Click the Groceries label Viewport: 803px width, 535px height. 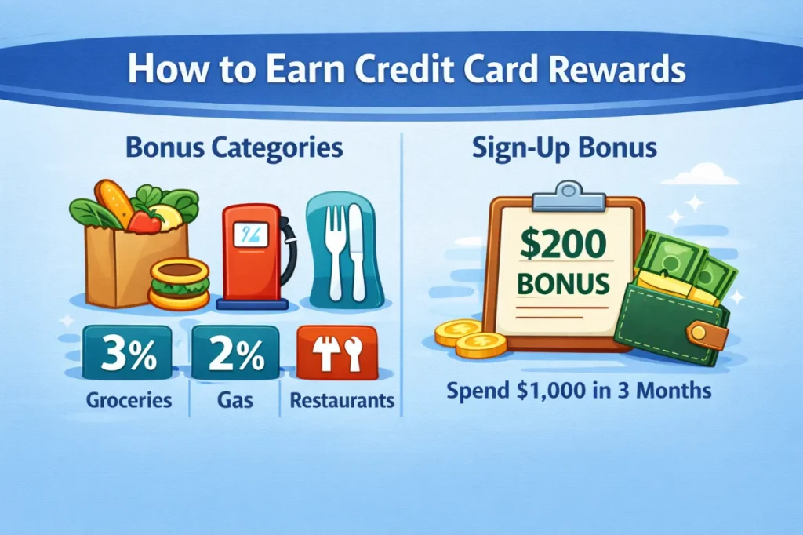pos(130,401)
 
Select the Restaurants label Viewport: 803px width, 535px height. pos(342,401)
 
